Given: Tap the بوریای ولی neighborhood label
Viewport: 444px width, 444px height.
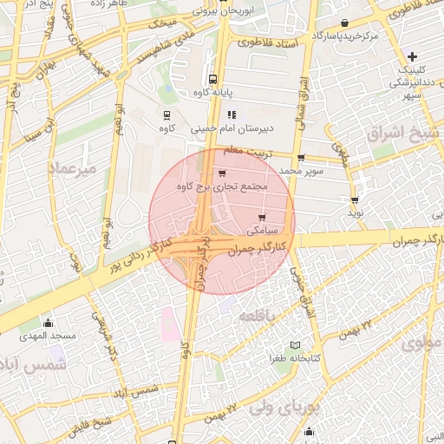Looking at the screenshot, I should (x=285, y=405).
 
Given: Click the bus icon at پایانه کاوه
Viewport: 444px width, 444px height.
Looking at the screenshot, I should (x=213, y=76).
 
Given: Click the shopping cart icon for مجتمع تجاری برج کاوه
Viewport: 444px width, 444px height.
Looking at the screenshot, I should (x=223, y=173).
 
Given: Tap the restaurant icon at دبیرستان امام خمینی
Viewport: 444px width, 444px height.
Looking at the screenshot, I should (x=231, y=114).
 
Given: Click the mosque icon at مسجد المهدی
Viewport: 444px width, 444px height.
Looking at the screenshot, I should (x=48, y=323).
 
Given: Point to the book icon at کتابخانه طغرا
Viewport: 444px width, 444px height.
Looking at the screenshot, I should (x=296, y=345).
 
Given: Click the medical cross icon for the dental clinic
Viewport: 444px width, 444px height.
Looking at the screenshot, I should (x=413, y=56).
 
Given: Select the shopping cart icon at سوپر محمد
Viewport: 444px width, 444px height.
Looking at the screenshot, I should (x=301, y=158).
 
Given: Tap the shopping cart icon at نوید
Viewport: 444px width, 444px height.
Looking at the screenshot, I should (x=355, y=199).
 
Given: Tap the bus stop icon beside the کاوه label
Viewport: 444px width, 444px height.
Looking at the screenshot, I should (x=166, y=114).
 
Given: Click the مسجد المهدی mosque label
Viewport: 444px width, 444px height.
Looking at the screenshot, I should (x=49, y=335).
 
